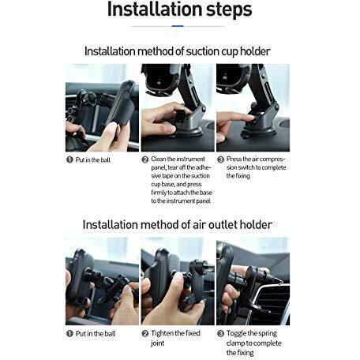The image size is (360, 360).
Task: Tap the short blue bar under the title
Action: [178, 26]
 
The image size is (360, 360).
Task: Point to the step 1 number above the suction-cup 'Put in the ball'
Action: [69, 159]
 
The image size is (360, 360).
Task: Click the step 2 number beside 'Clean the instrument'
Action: [145, 159]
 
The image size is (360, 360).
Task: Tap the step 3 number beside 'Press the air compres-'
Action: [220, 159]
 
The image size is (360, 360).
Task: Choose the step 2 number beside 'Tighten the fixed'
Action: [145, 333]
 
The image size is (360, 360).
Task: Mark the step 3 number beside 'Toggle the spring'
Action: [220, 333]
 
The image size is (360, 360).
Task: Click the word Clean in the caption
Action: [159, 159]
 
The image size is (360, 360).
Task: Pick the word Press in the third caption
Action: [234, 159]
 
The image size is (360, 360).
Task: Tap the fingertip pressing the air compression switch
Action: [251, 118]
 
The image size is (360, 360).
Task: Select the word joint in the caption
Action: [158, 343]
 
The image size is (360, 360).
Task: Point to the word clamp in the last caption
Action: [236, 343]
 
